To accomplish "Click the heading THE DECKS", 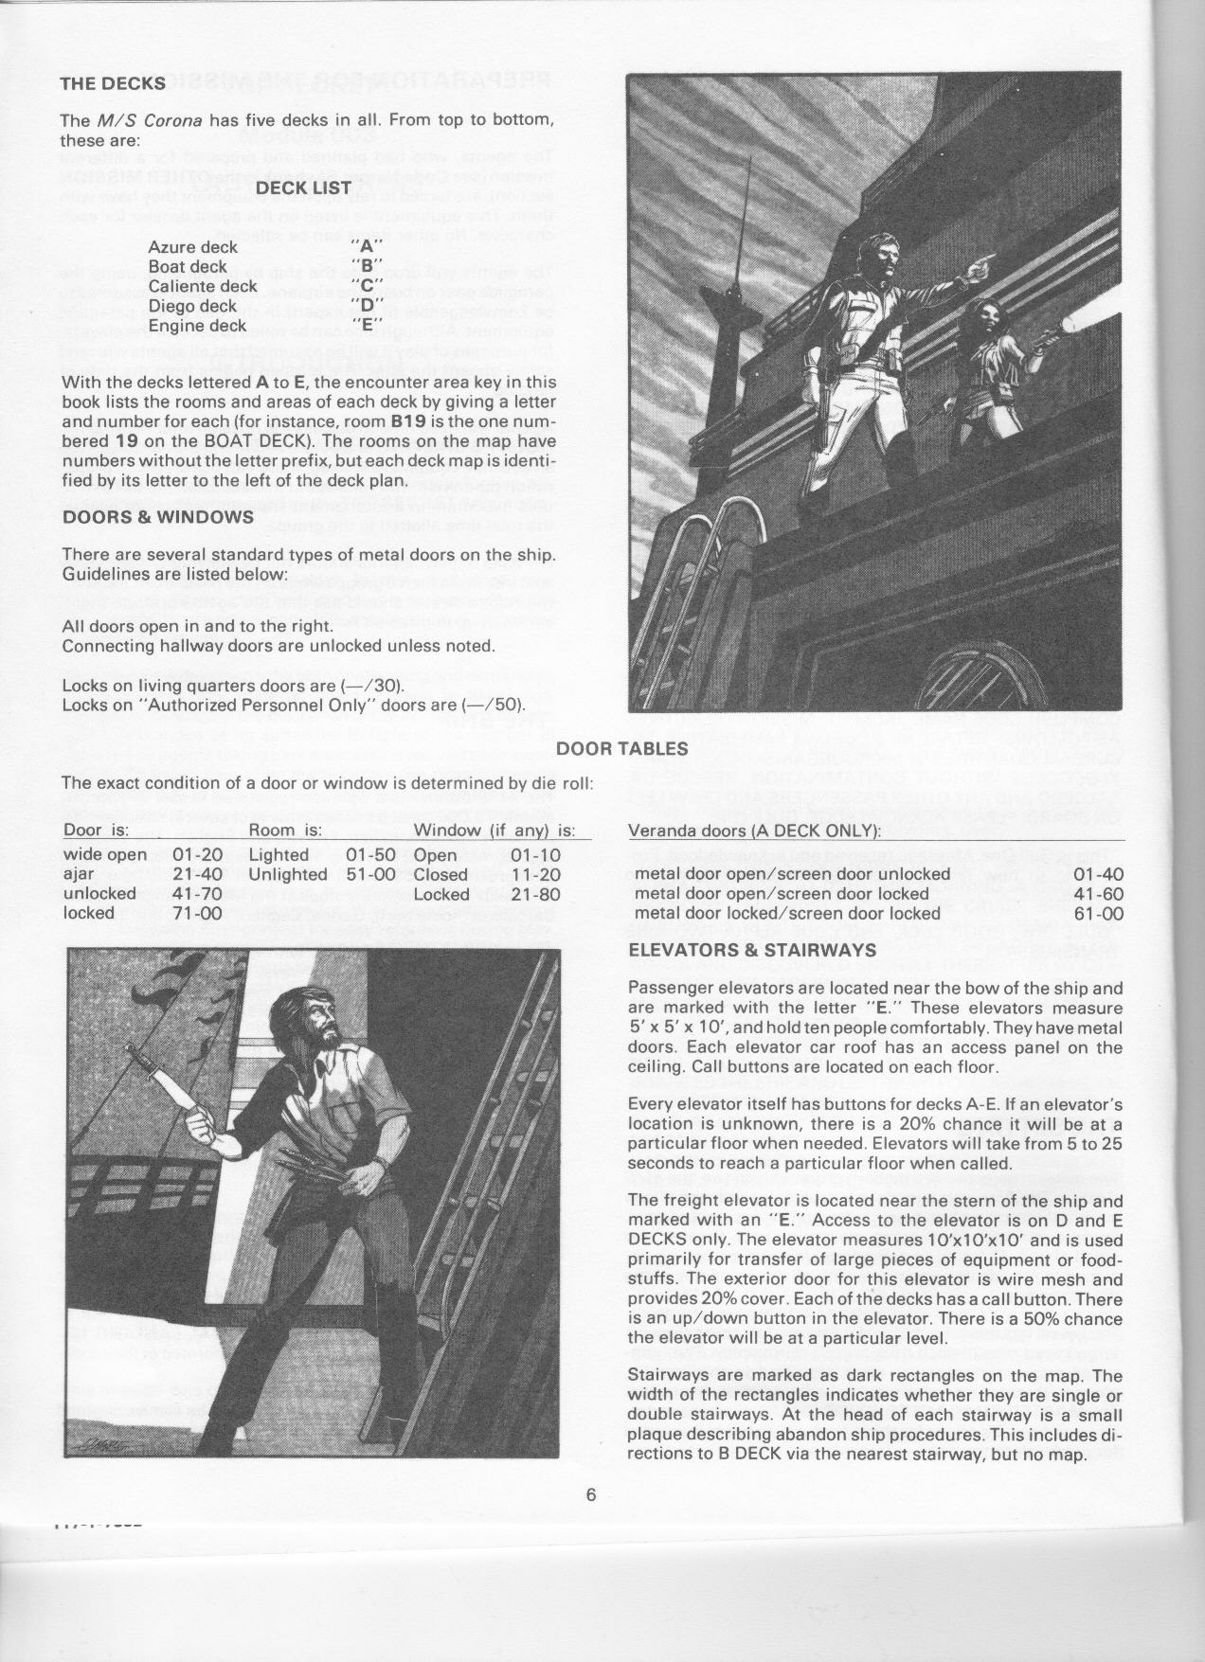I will [113, 83].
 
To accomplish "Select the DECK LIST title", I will [304, 188].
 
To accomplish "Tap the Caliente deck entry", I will [203, 286].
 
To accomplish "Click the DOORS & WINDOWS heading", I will [157, 517].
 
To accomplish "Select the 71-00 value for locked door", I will [198, 913].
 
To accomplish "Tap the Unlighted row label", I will [287, 874].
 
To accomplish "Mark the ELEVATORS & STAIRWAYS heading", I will [752, 950].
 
